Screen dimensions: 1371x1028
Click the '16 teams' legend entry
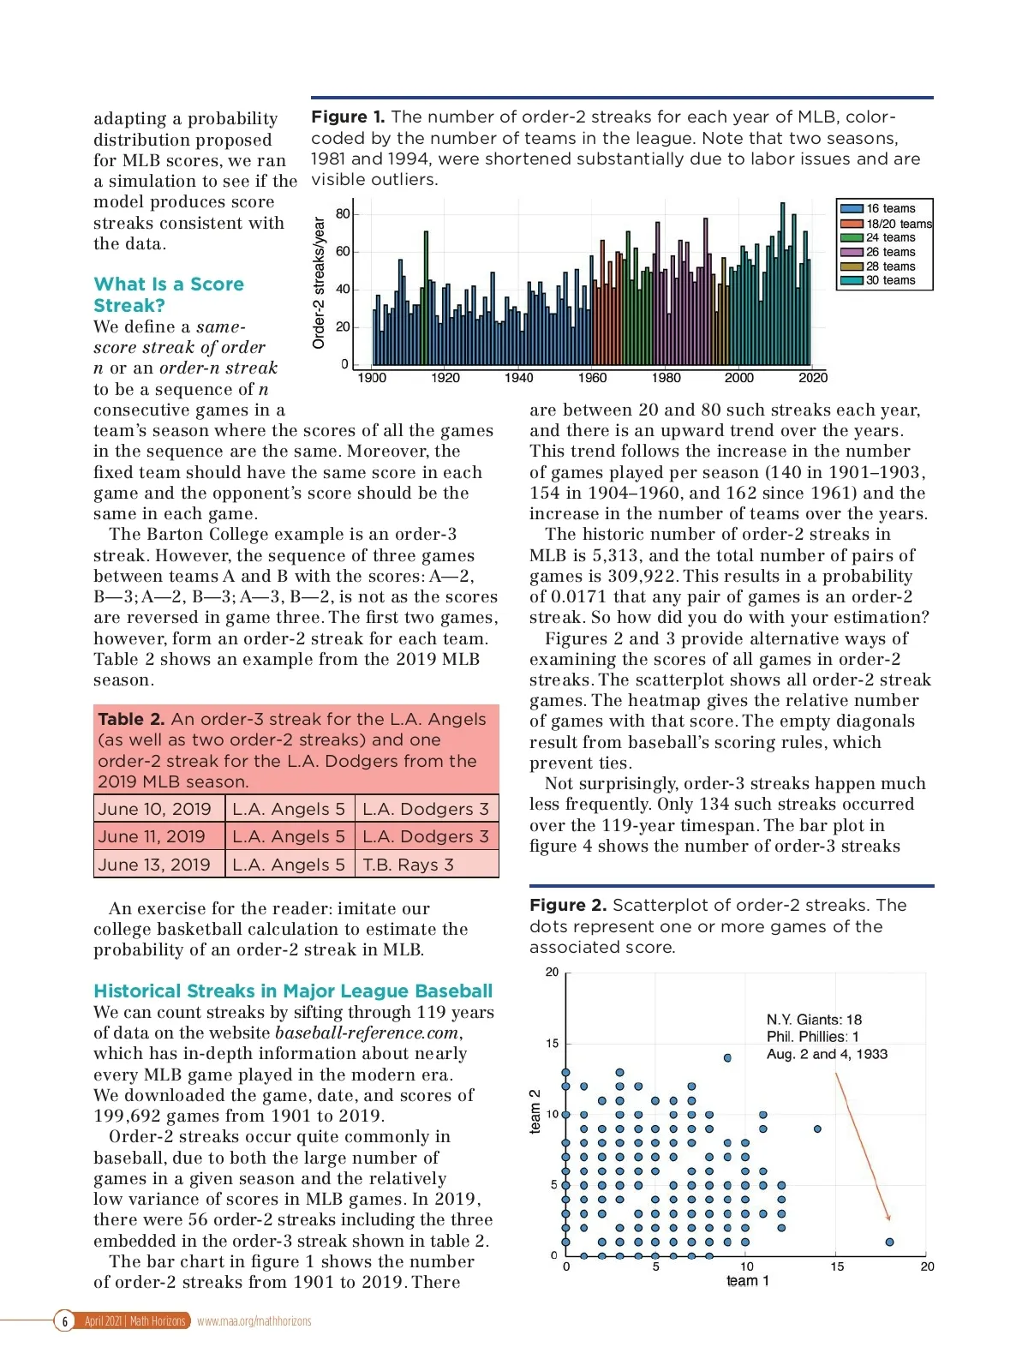(890, 208)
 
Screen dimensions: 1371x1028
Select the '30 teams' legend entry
(890, 280)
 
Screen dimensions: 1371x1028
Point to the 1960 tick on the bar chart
(592, 378)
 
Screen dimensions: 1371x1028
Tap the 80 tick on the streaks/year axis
(343, 214)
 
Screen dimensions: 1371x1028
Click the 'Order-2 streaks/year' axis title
(319, 283)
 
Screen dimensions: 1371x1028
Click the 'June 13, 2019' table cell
(155, 865)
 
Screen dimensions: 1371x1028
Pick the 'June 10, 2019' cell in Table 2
(155, 809)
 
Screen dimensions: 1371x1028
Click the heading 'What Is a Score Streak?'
(169, 295)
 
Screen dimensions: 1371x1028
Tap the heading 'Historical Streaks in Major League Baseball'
(293, 991)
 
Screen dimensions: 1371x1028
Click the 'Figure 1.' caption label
(348, 117)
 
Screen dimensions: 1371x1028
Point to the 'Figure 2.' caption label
(567, 906)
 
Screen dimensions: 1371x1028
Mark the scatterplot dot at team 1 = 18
(889, 1242)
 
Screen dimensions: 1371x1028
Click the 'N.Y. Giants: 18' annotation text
(814, 1020)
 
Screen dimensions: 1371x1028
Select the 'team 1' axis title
(747, 1281)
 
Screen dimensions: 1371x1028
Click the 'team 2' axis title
(535, 1111)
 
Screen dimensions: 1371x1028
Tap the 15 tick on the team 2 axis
(553, 1044)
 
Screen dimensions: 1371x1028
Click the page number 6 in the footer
(64, 1321)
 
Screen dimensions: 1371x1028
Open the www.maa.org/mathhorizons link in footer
(254, 1321)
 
